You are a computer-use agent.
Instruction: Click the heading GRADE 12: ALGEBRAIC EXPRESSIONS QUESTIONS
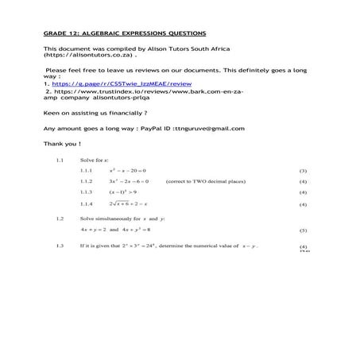pyautogui.click(x=125, y=33)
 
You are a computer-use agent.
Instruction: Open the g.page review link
pyautogui.click(x=122, y=83)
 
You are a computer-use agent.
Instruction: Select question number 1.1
pyautogui.click(x=60, y=160)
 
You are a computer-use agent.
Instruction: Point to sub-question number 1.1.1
pyautogui.click(x=87, y=171)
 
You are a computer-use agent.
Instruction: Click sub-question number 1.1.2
pyautogui.click(x=87, y=181)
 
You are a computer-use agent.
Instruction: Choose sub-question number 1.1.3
pyautogui.click(x=87, y=192)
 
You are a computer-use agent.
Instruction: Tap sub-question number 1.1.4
pyautogui.click(x=87, y=204)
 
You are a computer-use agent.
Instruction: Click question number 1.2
pyautogui.click(x=60, y=218)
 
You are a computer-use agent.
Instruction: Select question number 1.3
pyautogui.click(x=60, y=246)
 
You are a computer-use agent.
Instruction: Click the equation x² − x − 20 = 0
pyautogui.click(x=128, y=171)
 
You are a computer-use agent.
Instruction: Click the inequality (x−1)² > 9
pyautogui.click(x=123, y=192)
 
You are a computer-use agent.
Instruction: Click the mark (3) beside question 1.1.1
pyautogui.click(x=303, y=171)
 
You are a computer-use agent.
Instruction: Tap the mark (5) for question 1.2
pyautogui.click(x=303, y=230)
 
